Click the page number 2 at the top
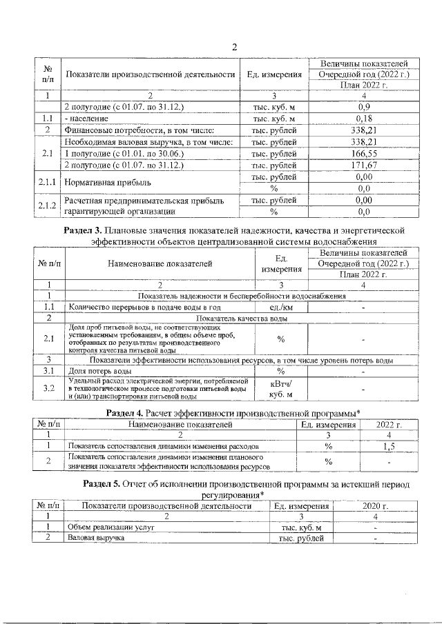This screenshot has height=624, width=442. click(x=234, y=47)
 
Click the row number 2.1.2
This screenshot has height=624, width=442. click(x=47, y=205)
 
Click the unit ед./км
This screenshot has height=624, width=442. click(x=280, y=308)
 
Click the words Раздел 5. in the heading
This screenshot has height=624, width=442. click(x=103, y=484)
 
